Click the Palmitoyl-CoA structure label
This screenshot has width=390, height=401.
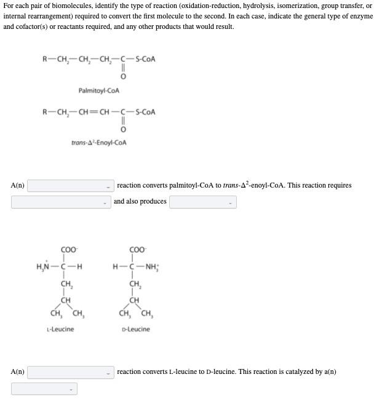[x=98, y=91]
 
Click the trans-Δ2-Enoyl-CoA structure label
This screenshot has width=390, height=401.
[x=98, y=143]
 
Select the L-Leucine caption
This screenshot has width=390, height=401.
[x=60, y=329]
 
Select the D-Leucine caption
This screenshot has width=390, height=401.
[x=136, y=329]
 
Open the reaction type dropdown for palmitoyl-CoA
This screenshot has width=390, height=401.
[x=70, y=185]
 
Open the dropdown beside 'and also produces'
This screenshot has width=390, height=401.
[x=62, y=201]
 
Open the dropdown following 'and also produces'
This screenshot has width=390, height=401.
[x=202, y=201]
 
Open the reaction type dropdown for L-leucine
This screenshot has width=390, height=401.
[x=70, y=371]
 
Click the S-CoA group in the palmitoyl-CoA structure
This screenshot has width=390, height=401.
[x=145, y=60]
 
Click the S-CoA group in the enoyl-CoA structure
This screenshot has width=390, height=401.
[x=145, y=113]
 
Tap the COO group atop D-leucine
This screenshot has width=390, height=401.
[x=137, y=250]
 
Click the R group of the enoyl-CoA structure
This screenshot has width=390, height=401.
[x=45, y=113]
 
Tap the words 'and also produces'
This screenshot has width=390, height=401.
[x=140, y=201]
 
